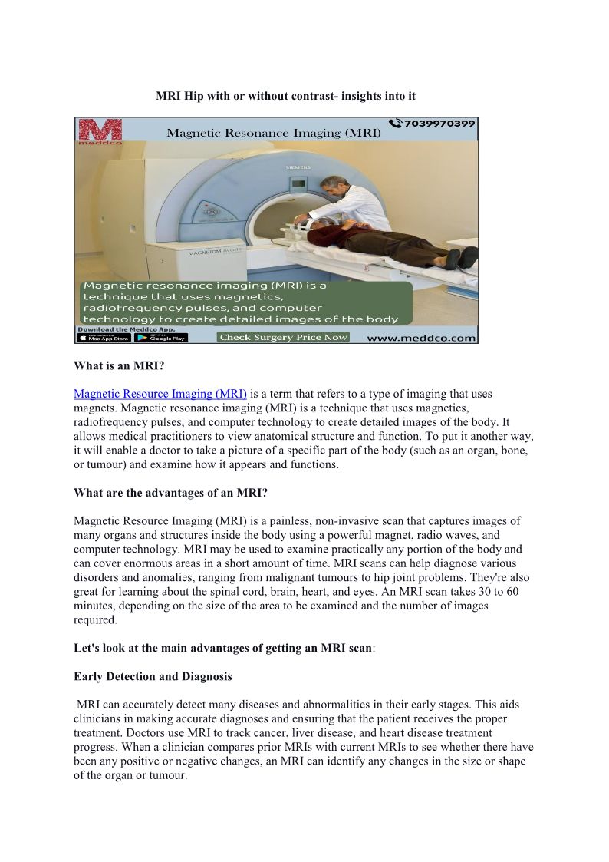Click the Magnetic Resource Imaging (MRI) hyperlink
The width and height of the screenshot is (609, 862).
pos(160,394)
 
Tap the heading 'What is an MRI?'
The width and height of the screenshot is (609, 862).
pos(118,366)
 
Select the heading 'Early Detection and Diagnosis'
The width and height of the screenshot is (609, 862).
pos(153,676)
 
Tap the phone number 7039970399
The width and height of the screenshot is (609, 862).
pos(438,124)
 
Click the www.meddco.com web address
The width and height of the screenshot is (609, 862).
pos(421,337)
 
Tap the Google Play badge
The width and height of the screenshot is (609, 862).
pos(161,337)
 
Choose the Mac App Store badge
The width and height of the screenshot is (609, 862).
pos(104,337)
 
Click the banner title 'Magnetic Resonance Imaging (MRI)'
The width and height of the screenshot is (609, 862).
pos(274,133)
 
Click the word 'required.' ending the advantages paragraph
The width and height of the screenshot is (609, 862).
pos(95,620)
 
